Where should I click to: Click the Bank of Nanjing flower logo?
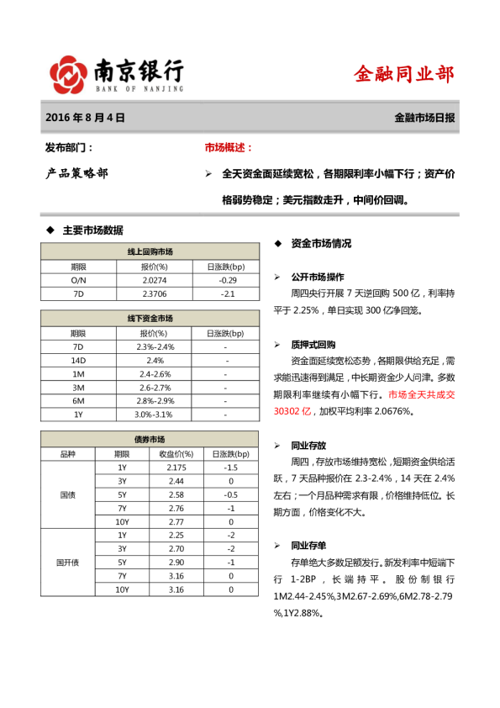tap(68, 75)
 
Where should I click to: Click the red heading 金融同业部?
tap(404, 74)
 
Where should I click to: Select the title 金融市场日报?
tap(424, 119)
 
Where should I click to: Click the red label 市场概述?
tap(229, 147)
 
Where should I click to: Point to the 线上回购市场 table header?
tap(150, 251)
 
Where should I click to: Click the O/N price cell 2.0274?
tap(155, 279)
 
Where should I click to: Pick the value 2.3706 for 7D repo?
tap(155, 294)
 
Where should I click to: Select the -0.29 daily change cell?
tap(227, 279)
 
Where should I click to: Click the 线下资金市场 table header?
tap(150, 319)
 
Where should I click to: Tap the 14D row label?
tap(78, 360)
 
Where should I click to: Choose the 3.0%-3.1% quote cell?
tap(155, 415)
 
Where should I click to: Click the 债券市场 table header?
tap(150, 440)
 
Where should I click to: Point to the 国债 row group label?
tap(67, 494)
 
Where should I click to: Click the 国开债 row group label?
tap(67, 562)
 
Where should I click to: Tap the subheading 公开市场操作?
tap(317, 277)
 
